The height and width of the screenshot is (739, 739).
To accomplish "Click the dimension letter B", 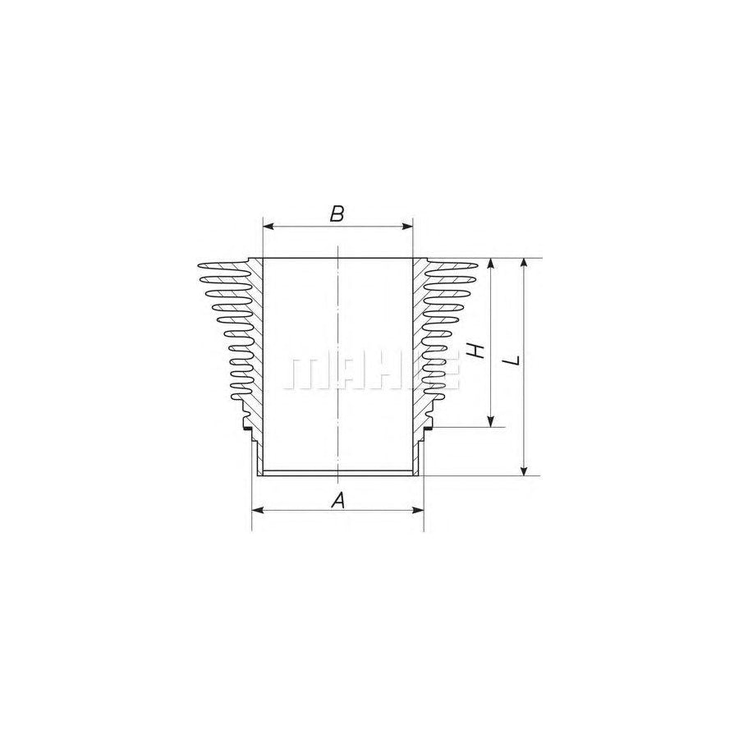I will (337, 214).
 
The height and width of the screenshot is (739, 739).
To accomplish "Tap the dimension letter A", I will (337, 499).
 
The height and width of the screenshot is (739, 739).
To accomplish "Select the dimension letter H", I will (475, 351).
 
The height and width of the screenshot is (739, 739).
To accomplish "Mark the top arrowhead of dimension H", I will (491, 263).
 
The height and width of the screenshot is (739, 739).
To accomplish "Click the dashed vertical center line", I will (337, 328).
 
